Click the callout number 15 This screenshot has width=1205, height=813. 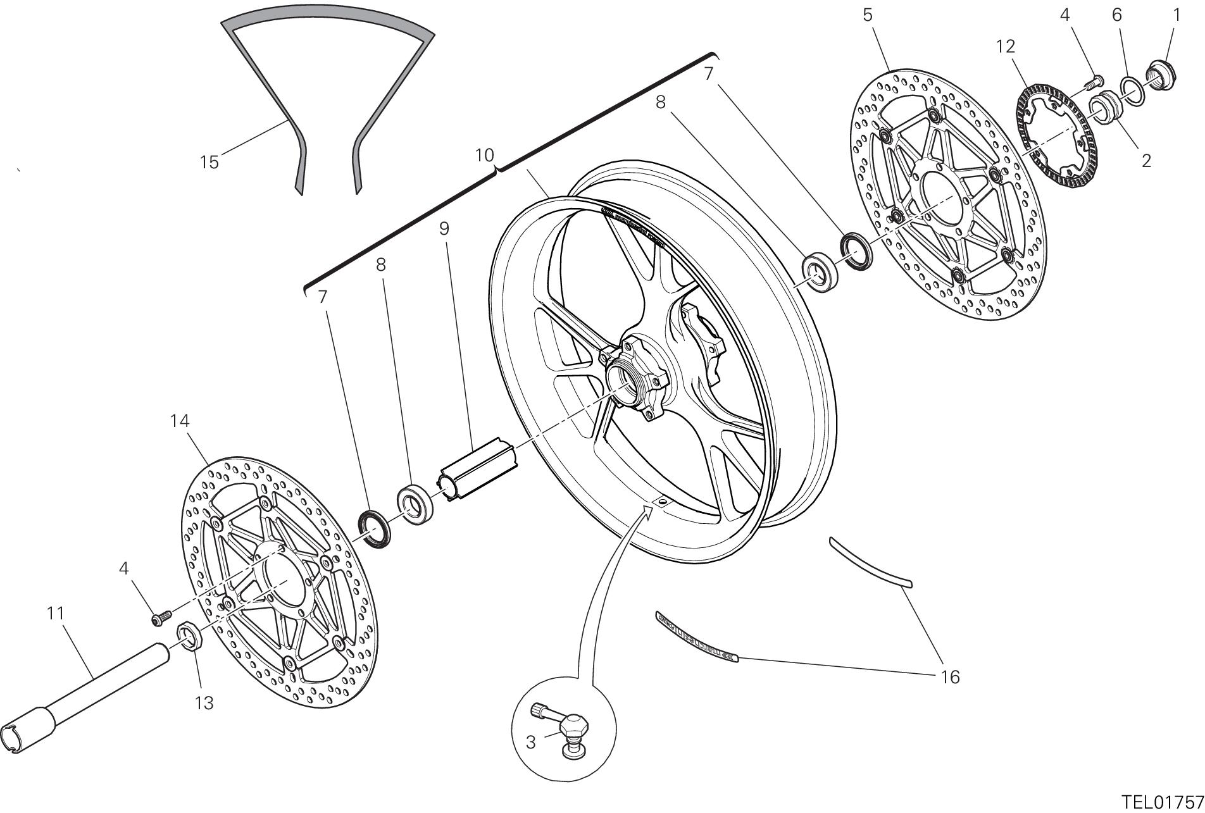209,162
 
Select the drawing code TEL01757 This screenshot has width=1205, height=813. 1161,802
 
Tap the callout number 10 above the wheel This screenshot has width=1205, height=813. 484,156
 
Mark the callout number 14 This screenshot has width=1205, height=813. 180,421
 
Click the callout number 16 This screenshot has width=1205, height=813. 950,677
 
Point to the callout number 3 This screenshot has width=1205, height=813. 530,742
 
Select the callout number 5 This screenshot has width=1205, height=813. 867,15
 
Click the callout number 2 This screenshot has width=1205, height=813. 1146,161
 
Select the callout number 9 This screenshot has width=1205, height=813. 444,228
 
